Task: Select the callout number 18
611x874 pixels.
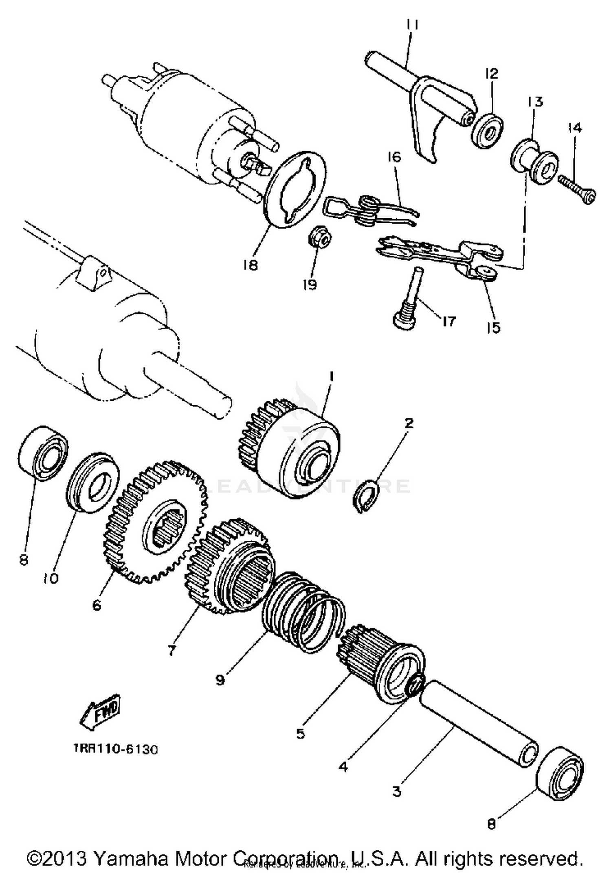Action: point(250,266)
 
